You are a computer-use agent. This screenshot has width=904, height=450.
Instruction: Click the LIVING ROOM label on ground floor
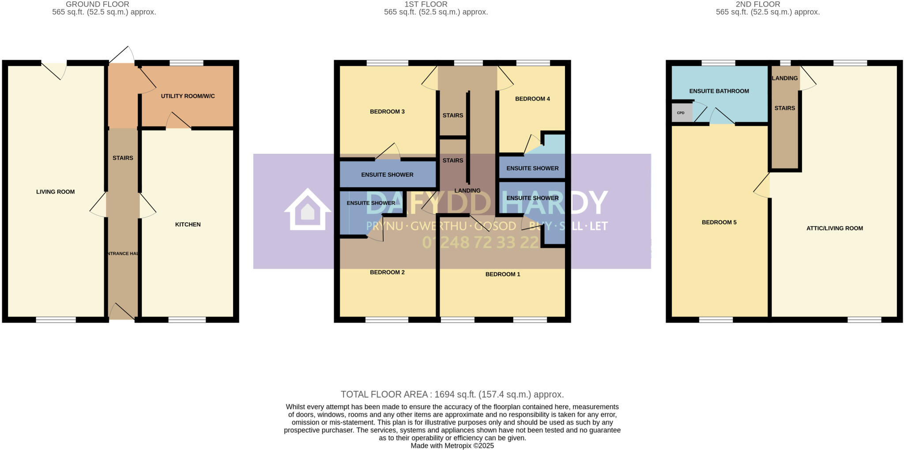click(56, 192)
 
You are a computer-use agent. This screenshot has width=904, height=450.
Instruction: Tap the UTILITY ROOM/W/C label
click(188, 96)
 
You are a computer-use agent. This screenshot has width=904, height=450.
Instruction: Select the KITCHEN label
click(188, 225)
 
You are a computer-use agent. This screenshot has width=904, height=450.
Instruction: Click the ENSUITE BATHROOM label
click(719, 91)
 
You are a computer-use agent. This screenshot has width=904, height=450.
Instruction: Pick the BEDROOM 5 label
click(719, 222)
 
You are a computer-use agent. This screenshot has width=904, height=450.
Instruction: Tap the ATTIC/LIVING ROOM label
click(834, 229)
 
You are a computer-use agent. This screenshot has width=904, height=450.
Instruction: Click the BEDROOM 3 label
click(387, 112)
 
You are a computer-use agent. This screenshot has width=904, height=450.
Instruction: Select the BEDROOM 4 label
click(532, 99)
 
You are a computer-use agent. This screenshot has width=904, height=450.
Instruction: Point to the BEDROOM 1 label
click(503, 275)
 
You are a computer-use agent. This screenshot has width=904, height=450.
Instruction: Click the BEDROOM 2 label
click(387, 272)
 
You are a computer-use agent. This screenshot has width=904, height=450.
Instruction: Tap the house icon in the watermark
click(307, 210)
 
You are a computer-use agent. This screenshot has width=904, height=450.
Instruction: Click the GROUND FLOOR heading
click(98, 4)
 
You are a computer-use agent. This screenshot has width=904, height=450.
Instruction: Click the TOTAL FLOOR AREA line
click(452, 394)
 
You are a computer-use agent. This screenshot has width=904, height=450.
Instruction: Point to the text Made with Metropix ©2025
click(452, 446)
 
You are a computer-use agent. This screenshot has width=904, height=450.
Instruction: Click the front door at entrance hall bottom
click(122, 312)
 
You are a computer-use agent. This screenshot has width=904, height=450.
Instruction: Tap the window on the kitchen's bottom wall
click(187, 320)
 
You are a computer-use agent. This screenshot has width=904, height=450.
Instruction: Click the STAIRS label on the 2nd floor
click(784, 108)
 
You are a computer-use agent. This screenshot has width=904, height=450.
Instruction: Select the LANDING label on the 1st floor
click(467, 191)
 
